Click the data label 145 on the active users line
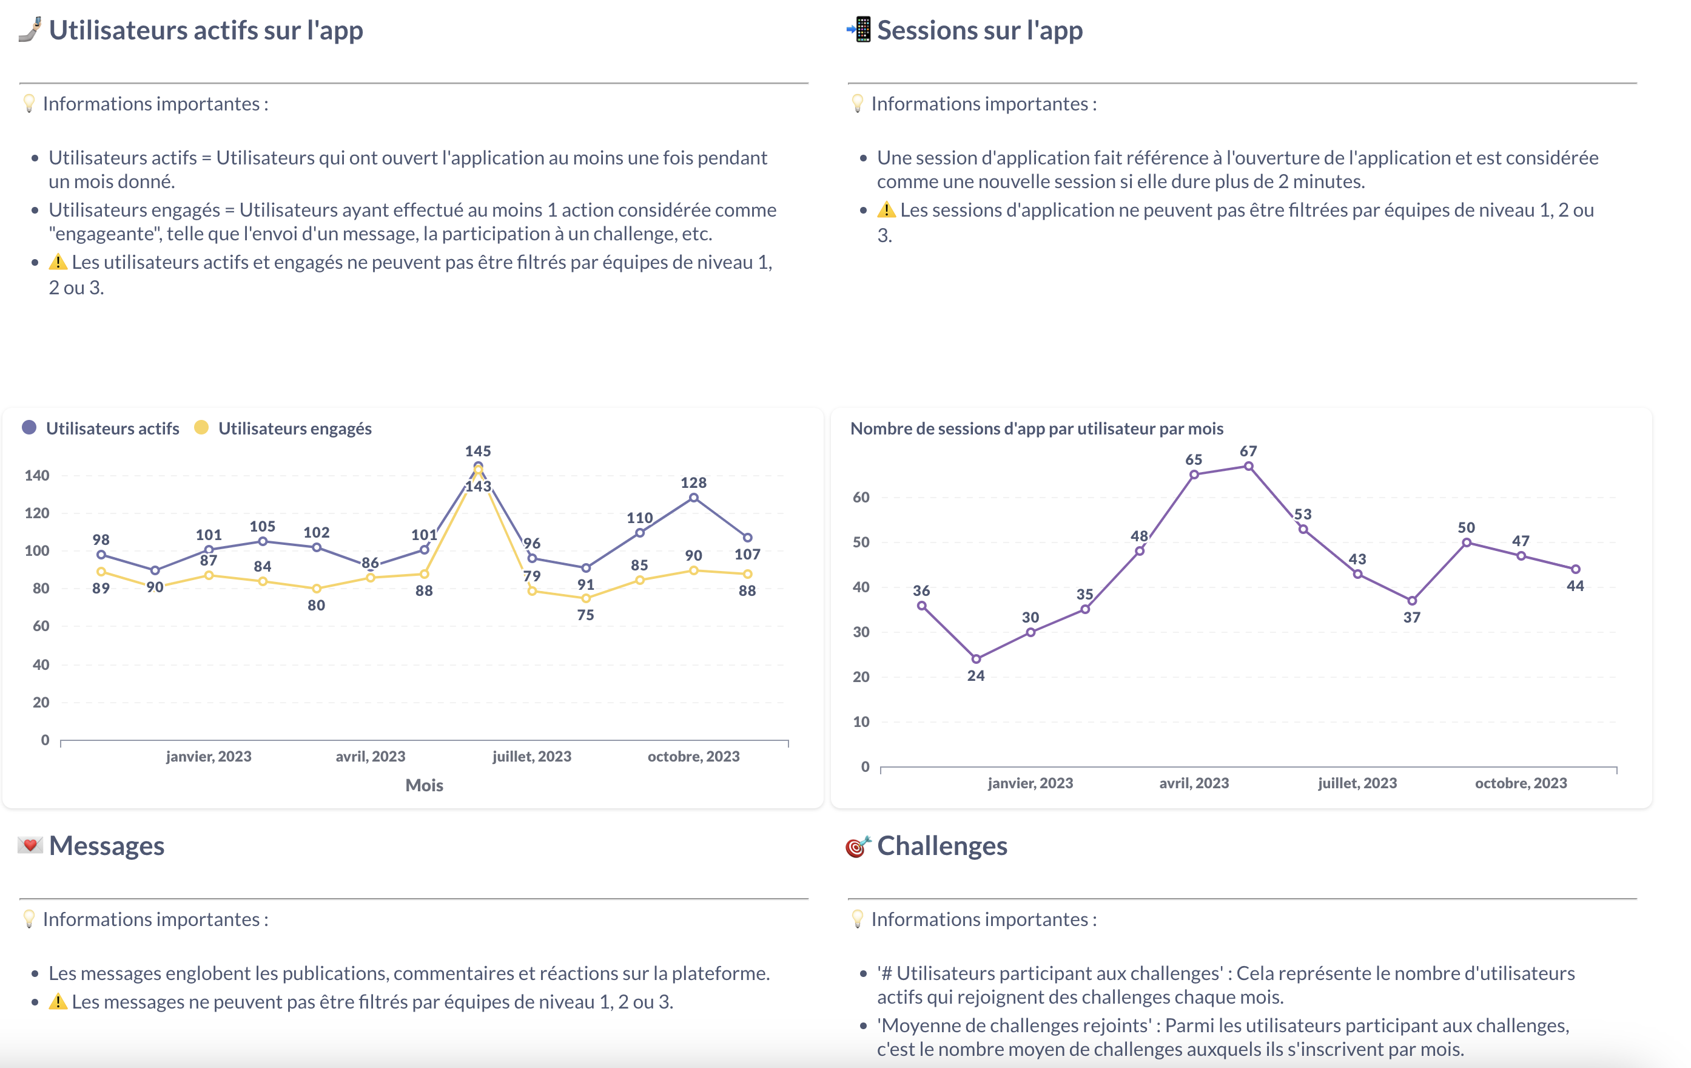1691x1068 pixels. coord(477,451)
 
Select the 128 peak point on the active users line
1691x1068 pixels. coord(693,498)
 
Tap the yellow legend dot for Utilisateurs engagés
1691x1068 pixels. coord(201,428)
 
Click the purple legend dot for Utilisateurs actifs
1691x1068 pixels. coord(29,428)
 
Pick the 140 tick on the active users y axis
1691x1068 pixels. coord(37,476)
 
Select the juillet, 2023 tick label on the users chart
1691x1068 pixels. coord(531,757)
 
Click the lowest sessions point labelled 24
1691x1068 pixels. coord(975,659)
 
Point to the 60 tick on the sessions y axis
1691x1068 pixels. coord(861,498)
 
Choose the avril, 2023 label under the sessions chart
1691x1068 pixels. coord(1194,783)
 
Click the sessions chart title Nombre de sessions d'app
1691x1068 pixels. coord(1037,428)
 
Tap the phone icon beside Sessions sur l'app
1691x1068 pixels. coord(859,30)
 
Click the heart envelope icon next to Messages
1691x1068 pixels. coord(30,845)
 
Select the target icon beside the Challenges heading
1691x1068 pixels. coord(858,847)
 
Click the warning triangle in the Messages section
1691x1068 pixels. coord(58,1002)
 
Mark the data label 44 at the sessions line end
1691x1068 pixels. coord(1575,586)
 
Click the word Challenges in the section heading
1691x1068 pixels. coord(942,846)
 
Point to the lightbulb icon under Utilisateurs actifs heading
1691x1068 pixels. coord(29,104)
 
